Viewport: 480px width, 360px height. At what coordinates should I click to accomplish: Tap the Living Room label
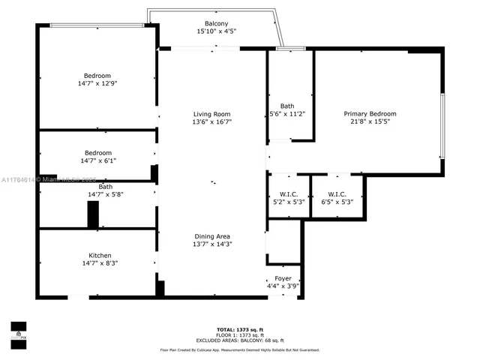[212, 114]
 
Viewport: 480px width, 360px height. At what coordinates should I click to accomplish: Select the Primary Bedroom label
[370, 114]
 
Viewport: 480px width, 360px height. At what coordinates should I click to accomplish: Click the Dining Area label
[212, 235]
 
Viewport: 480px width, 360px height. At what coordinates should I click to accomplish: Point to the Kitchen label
[100, 255]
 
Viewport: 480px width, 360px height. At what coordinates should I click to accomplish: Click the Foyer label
[283, 278]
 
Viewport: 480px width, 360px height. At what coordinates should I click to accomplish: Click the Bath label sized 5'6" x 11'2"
[287, 106]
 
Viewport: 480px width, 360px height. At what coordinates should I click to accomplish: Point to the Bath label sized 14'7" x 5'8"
[105, 187]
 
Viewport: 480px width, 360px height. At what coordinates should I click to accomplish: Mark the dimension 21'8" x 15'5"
[370, 122]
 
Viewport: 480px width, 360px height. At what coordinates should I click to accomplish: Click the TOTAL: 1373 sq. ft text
[239, 330]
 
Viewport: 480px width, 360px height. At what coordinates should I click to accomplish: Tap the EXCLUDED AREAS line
[239, 340]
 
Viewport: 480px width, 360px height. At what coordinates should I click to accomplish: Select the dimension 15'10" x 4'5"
[217, 31]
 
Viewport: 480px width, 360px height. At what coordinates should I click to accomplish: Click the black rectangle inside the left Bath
[93, 214]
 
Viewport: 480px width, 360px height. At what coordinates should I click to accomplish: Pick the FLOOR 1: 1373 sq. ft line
[239, 335]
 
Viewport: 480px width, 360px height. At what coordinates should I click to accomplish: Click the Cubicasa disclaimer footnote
[239, 349]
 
